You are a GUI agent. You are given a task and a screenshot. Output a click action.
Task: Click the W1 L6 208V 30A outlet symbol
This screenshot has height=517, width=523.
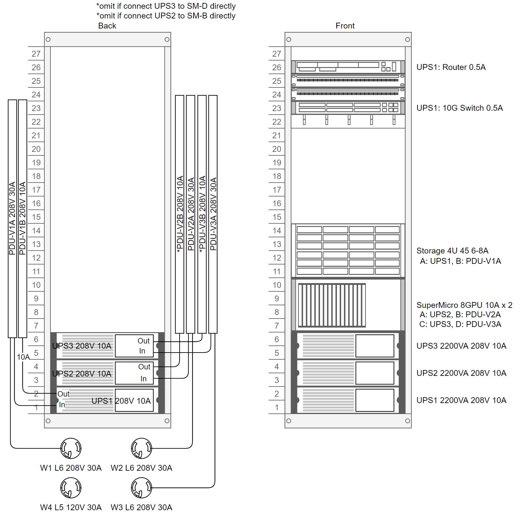point(71,448)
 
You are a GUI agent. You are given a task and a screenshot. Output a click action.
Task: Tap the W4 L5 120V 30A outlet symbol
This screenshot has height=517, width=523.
point(71,488)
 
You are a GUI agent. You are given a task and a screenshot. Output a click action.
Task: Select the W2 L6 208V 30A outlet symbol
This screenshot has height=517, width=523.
point(141,448)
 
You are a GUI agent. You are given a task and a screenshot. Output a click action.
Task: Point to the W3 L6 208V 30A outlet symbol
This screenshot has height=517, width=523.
point(141,488)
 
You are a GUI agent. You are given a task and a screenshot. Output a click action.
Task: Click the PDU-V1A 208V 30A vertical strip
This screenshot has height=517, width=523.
point(12,219)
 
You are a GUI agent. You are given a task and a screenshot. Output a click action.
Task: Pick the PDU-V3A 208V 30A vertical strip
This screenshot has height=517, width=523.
point(213,214)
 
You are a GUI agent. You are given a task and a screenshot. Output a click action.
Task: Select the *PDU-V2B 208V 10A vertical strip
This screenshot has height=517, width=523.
point(180,214)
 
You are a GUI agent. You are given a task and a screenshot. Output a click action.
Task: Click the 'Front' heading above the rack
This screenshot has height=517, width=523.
point(345,26)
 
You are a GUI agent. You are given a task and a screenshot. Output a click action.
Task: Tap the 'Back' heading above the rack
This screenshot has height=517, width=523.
point(107,26)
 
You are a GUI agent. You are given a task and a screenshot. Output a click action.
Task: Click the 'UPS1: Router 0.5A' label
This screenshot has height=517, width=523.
point(451,67)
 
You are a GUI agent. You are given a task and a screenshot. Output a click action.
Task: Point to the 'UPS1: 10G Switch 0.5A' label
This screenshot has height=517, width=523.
point(460,108)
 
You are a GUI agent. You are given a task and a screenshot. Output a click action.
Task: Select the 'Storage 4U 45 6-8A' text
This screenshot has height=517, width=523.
point(452,251)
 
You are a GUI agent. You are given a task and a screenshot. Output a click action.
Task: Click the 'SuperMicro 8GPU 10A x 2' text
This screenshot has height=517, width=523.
point(464,305)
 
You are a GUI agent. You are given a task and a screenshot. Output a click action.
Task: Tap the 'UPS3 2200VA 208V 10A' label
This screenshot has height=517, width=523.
point(461,346)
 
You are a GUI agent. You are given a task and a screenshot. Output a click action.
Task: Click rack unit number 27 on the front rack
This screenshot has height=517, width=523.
point(277,54)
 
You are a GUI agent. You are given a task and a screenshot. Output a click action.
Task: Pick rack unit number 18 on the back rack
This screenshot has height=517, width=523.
point(36,176)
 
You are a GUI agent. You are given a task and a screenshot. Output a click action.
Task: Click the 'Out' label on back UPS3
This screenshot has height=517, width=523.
point(143,341)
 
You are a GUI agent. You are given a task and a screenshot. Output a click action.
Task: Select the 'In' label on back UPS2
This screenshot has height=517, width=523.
point(143,379)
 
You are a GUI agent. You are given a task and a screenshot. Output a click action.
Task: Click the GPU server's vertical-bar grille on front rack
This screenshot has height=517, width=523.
point(332,305)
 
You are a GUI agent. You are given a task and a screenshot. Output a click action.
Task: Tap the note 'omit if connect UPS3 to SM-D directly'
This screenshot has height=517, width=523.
point(166,6)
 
